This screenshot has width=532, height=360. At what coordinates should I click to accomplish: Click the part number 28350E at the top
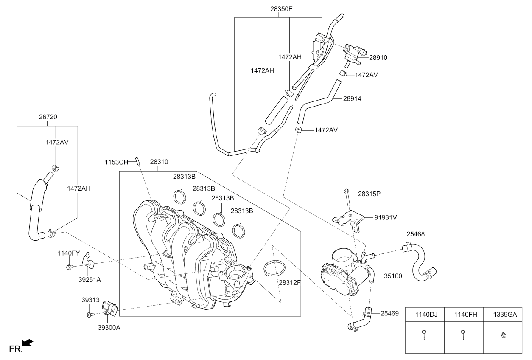click(281, 9)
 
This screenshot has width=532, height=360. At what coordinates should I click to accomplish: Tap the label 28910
click(378, 58)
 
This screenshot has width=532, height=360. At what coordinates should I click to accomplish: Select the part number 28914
click(352, 98)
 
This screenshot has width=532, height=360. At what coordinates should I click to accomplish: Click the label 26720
click(48, 117)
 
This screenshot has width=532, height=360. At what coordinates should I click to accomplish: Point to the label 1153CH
click(116, 162)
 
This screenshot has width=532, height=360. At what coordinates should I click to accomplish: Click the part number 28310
click(159, 162)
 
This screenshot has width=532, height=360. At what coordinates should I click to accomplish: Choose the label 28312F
click(289, 283)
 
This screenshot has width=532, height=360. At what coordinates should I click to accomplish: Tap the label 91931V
click(386, 217)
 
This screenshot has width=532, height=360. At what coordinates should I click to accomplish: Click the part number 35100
click(393, 276)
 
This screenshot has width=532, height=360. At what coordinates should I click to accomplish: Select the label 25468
click(415, 234)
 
